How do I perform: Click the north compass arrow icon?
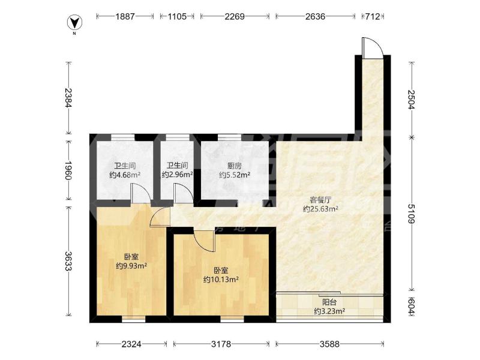click(x=74, y=22)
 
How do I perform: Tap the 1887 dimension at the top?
click(x=125, y=16)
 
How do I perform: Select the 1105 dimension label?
click(x=177, y=16)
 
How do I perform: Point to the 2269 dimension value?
click(x=235, y=16)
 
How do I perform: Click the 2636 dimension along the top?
click(x=315, y=16)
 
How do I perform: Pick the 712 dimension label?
click(x=373, y=16)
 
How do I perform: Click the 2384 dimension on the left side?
click(x=68, y=98)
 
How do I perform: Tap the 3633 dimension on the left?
click(x=68, y=261)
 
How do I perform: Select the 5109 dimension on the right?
click(x=411, y=214)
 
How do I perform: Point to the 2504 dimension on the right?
click(x=411, y=99)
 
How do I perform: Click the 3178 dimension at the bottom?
click(x=221, y=344)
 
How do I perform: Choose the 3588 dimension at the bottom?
click(x=329, y=344)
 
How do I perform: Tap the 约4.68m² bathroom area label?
click(x=125, y=175)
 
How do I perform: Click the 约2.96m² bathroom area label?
click(x=177, y=175)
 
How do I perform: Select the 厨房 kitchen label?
click(x=235, y=166)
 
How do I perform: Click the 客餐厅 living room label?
click(x=320, y=200)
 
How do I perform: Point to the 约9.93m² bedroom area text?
click(x=131, y=266)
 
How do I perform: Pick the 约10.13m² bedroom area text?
click(x=221, y=280)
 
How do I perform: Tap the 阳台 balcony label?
click(x=329, y=302)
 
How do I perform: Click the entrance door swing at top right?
click(x=372, y=47)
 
